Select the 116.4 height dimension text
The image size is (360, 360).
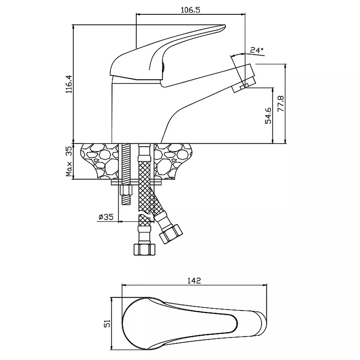68,84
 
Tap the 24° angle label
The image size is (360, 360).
257,50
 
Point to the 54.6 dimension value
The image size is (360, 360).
268,115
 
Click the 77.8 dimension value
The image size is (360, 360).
281,103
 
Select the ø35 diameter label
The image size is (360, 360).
106,217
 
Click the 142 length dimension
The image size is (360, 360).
193,280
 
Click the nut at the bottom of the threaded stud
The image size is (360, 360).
126,196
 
